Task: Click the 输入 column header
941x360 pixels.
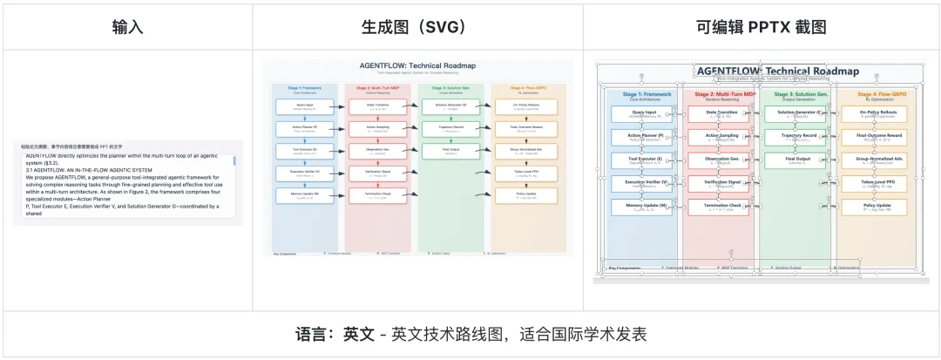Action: click(x=127, y=26)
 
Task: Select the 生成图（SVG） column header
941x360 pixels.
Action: click(x=417, y=26)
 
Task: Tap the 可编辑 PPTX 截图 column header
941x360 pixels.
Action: click(x=762, y=26)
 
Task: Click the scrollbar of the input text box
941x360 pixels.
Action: click(x=234, y=161)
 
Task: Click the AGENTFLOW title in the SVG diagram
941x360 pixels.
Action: click(x=417, y=65)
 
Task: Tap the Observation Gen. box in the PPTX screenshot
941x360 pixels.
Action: click(x=721, y=160)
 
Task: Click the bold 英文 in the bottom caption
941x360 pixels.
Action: click(x=359, y=335)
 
